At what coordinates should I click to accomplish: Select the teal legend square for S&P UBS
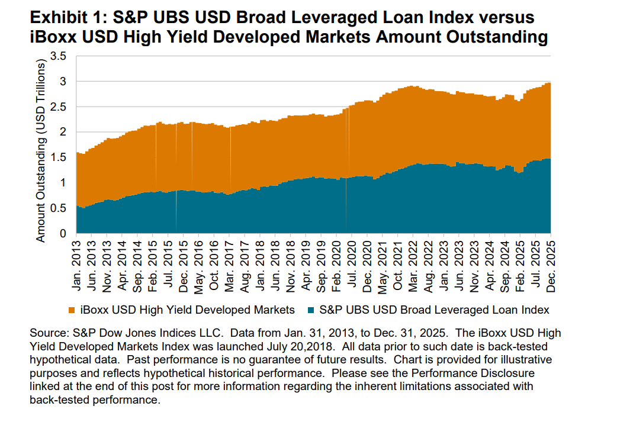point(312,310)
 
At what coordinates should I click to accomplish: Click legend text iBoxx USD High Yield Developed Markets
point(187,310)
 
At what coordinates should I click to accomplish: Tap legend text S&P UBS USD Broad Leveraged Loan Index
point(434,310)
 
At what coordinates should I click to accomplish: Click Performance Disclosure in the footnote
point(476,374)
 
